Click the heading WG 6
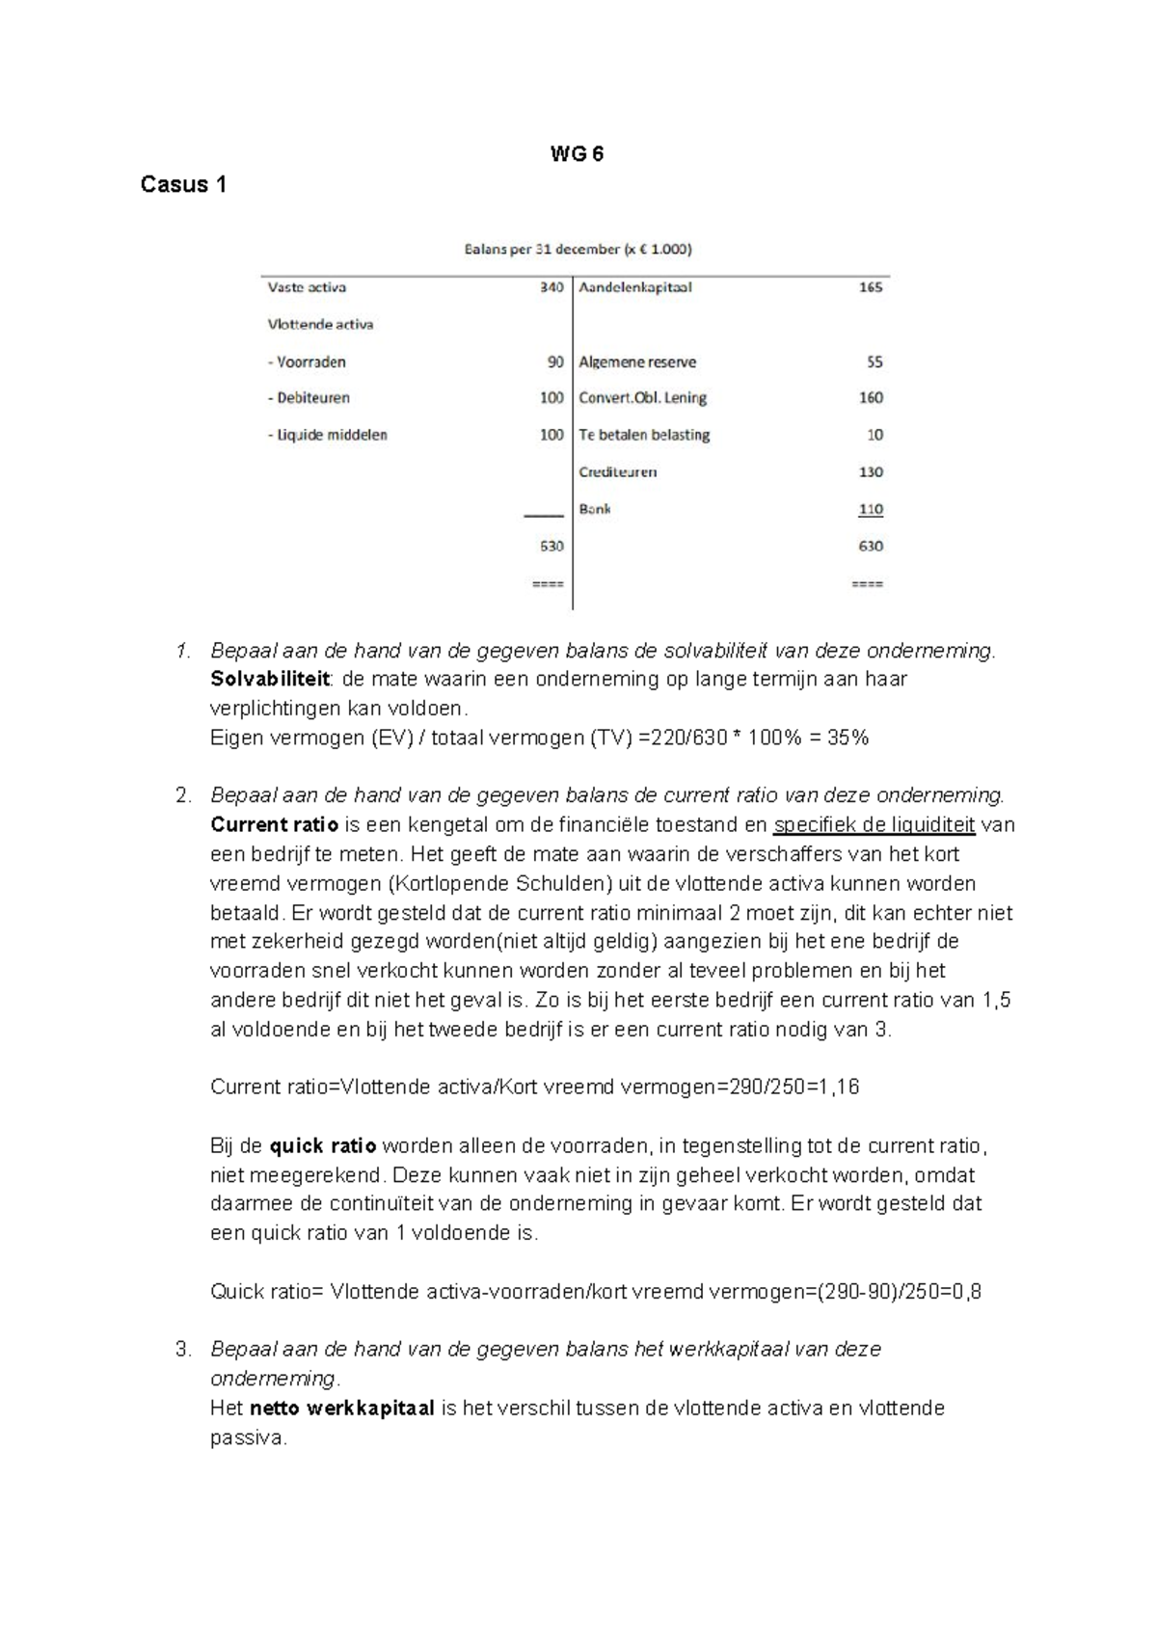coord(577,154)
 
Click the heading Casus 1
coord(183,184)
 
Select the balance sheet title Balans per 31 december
coord(578,249)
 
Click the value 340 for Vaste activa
coord(552,287)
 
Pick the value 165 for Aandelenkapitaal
coord(871,287)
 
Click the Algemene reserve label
coord(637,363)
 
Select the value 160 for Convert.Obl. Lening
coord(871,397)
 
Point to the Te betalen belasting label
coord(644,435)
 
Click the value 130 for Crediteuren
coord(871,472)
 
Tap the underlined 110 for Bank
coord(871,509)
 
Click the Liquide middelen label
coord(328,435)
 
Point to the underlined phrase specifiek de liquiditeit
coord(874,825)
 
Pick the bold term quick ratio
coord(323,1146)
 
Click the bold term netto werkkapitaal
coord(342,1409)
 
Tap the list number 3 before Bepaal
coord(183,1350)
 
